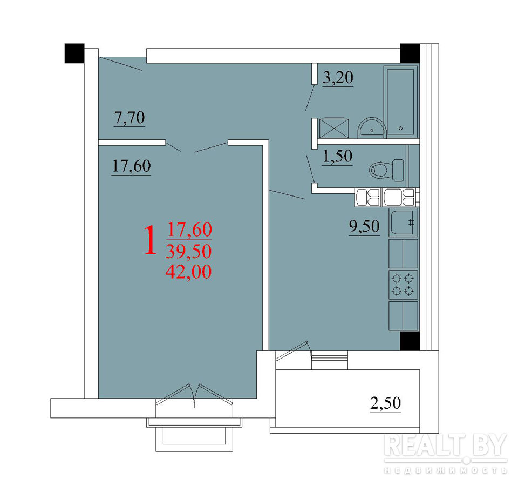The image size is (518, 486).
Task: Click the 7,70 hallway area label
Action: pyautogui.click(x=129, y=118)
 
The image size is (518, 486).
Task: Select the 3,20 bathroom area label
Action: pyautogui.click(x=338, y=78)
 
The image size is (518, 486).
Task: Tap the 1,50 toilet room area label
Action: pyautogui.click(x=337, y=157)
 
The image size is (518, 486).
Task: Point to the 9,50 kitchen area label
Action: pyautogui.click(x=364, y=227)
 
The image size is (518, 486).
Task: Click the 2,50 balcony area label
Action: pyautogui.click(x=385, y=403)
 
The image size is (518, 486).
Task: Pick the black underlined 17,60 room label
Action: pyautogui.click(x=132, y=166)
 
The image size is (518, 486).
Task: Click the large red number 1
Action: pyautogui.click(x=151, y=240)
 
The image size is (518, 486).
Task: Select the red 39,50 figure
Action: pyautogui.click(x=189, y=251)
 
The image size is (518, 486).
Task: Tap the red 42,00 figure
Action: pyautogui.click(x=189, y=272)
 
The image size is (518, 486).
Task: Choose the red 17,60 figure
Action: pyautogui.click(x=189, y=230)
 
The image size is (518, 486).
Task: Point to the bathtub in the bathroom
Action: pyautogui.click(x=400, y=102)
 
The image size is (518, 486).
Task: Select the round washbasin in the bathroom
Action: pyautogui.click(x=372, y=128)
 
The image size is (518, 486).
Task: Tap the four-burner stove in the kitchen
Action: pyautogui.click(x=403, y=285)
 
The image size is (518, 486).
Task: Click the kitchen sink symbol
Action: pyautogui.click(x=403, y=222)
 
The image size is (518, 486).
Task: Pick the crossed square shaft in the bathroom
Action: pyautogui.click(x=334, y=128)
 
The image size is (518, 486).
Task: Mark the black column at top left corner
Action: pyautogui.click(x=74, y=53)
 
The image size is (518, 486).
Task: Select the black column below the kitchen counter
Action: pyautogui.click(x=410, y=341)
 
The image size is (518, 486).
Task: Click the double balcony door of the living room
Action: pyautogui.click(x=194, y=395)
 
